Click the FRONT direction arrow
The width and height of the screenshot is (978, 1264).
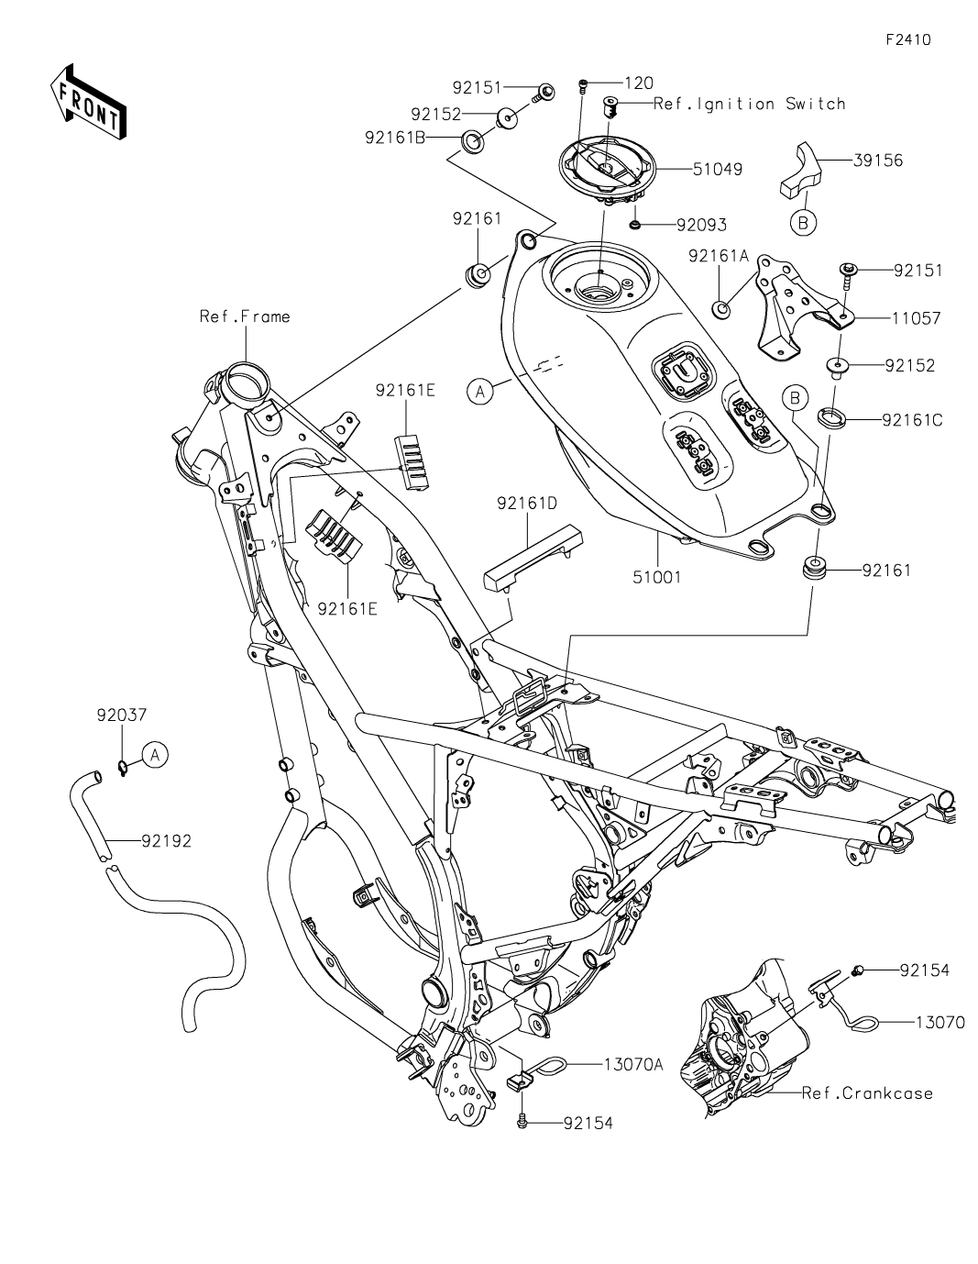coord(88,102)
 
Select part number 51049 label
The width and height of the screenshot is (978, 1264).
coord(720,169)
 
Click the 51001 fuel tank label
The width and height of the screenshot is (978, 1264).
coord(658,578)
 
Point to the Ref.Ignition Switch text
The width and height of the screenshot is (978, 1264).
coord(749,104)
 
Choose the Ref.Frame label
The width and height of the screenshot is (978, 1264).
coord(245,316)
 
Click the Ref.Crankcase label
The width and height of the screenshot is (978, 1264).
coord(867,1093)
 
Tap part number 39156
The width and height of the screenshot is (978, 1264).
coord(877,161)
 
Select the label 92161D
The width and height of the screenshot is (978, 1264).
coord(528,503)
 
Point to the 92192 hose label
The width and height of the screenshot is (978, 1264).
coord(166,840)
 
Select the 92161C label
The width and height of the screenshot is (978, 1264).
coord(912,421)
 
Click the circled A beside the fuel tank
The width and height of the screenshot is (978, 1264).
coord(478,392)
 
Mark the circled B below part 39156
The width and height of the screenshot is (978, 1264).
coord(803,222)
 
